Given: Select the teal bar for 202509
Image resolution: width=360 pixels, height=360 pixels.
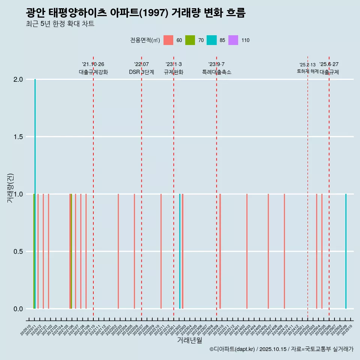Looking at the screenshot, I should pos(346,251).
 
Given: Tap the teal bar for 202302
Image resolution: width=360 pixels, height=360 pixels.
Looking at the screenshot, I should pos(180,251).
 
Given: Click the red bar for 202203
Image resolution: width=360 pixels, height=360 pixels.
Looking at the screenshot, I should pos(118,251).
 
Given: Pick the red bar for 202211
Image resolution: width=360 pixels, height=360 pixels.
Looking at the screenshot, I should pos(161,251).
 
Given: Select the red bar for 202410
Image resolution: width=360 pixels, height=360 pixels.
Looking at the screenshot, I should pos(284,251).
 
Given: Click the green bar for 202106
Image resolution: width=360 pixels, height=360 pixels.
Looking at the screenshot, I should pos(71,251).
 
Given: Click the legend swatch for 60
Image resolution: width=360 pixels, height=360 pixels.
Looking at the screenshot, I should pos(168,40).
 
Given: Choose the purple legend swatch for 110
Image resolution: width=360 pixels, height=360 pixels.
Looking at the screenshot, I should pos(233,40).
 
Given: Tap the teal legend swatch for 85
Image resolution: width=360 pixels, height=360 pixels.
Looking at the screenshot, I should pos(211,40).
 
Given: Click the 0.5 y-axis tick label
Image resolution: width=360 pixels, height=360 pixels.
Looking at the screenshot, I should pos(18,252).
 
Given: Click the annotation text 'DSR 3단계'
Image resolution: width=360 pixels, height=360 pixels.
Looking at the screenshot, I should pos(141,72).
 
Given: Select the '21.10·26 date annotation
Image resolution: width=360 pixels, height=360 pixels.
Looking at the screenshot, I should pos(93,64).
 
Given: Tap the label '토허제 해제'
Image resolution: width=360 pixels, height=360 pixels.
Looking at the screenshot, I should pos(307,71).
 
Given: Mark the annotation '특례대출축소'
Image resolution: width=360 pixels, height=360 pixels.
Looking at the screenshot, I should pos(216,72).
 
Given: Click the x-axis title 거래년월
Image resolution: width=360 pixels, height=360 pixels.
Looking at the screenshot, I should pos(189,340).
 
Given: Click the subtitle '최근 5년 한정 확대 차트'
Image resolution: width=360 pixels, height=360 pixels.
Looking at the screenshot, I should pos(60,24).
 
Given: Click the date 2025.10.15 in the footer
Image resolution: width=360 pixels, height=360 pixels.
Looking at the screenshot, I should pos(273,349).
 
